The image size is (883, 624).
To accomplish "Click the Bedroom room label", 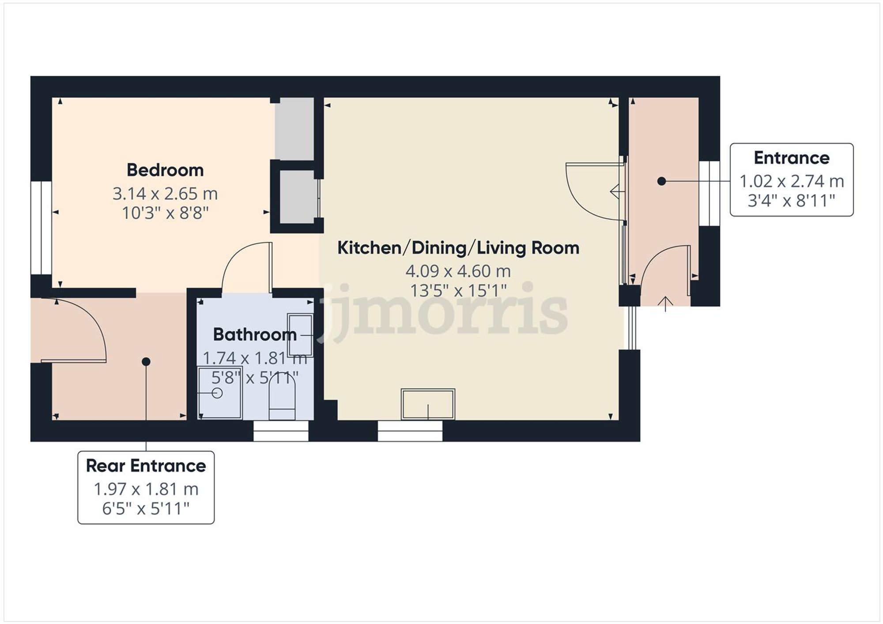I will click(x=165, y=170).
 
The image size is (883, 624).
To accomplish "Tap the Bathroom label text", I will click(x=254, y=335).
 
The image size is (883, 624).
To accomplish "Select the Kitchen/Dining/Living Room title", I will click(x=458, y=248).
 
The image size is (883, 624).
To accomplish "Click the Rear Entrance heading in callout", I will click(x=146, y=466).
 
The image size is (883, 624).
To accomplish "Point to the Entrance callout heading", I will click(x=791, y=158).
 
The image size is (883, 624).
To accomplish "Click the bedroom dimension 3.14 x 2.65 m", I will click(x=165, y=194).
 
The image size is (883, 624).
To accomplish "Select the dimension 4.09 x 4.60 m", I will click(x=458, y=271).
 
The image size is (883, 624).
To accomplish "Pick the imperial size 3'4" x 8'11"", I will click(x=791, y=201).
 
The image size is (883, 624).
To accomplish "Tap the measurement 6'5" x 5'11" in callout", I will click(x=146, y=508).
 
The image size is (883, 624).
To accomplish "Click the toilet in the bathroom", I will click(x=282, y=397).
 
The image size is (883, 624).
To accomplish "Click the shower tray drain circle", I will click(x=217, y=392).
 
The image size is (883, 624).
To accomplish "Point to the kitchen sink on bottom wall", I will click(x=427, y=404).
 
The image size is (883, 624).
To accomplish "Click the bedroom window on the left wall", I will click(x=41, y=228).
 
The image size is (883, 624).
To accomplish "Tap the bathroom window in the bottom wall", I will click(x=281, y=431).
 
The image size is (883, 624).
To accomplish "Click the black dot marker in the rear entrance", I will click(x=146, y=362).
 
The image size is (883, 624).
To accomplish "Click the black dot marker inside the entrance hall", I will click(x=661, y=181).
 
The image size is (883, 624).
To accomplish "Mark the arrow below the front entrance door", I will click(x=666, y=303).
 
